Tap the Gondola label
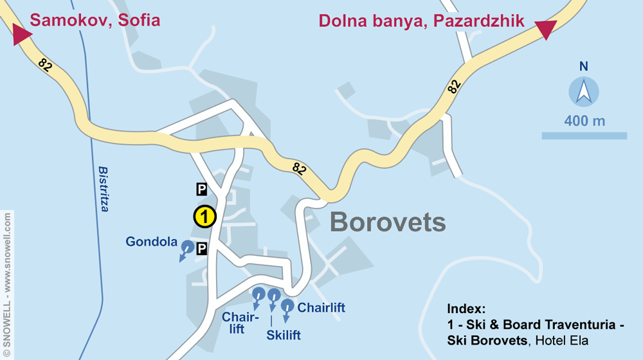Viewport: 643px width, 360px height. tap(151, 242)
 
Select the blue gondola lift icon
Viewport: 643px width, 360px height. tap(187, 247)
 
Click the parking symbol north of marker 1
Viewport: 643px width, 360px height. tap(201, 188)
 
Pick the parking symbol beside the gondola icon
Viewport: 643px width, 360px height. tap(202, 248)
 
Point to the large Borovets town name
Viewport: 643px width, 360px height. tap(388, 222)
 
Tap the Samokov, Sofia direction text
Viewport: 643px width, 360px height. tap(95, 20)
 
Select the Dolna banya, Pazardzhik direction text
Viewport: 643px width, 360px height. tap(422, 21)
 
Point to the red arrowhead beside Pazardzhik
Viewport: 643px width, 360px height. tap(545, 29)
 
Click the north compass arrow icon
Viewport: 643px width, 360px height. tap(584, 91)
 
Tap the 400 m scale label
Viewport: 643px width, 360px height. tap(584, 121)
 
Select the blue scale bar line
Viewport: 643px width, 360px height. tap(584, 136)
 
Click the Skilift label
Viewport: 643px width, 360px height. tap(284, 335)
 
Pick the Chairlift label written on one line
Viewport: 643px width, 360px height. tap(321, 308)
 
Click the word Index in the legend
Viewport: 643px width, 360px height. tap(466, 308)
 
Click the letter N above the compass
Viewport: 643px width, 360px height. tap(584, 66)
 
